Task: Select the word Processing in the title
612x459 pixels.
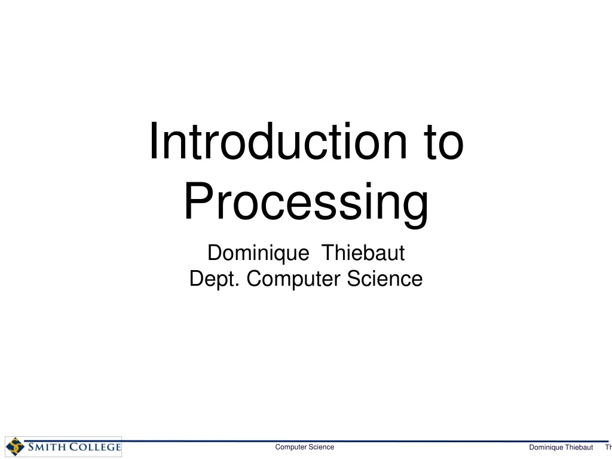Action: (306, 202)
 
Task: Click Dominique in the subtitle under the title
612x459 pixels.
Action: (258, 253)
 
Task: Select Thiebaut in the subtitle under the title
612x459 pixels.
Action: (363, 253)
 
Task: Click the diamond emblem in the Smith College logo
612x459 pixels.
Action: (15, 446)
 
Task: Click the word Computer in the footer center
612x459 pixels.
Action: (290, 447)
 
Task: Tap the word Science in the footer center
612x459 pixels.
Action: (321, 447)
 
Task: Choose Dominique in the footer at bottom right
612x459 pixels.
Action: (546, 448)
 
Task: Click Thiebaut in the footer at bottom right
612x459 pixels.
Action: (579, 448)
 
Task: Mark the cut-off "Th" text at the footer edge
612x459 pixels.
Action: (608, 448)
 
